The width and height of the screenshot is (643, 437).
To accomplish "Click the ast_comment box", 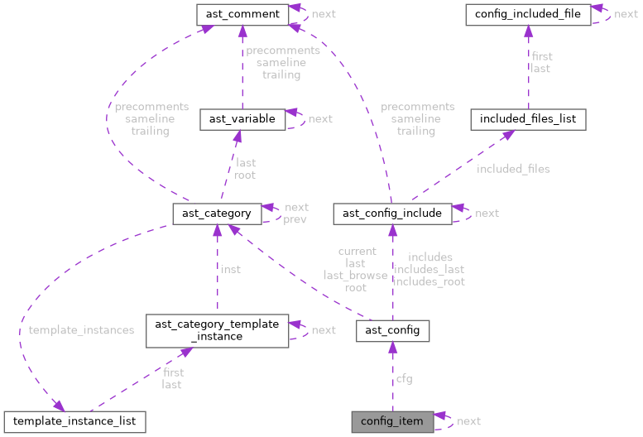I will point(242,14).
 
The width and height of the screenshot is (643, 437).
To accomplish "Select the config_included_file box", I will point(528,14).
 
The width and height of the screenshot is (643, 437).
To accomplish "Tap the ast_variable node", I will point(242,119).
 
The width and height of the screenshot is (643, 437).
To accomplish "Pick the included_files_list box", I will point(528,119).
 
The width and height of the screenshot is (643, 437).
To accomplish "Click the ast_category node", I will point(217,214).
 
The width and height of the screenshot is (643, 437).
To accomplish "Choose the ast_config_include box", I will point(393,214).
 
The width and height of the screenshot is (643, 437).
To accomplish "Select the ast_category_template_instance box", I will point(217,330).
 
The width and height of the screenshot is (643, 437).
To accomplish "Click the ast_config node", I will point(392,331).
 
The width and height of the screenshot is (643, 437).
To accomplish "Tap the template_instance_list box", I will point(74,421).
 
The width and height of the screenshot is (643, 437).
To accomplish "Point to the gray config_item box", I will point(392,421).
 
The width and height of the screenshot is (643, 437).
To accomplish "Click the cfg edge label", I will point(404,379).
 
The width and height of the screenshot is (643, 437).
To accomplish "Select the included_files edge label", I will point(513,169).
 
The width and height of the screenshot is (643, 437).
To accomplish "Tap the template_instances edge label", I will point(81,330).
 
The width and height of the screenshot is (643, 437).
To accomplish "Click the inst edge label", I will point(230,270).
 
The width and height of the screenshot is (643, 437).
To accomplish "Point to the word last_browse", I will point(356,276).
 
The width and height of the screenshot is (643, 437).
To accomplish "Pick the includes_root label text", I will point(429,281).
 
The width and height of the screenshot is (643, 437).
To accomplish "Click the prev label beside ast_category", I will point(295,219).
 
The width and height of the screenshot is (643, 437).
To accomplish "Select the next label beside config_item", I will point(468,421).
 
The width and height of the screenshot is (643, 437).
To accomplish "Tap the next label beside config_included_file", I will point(626,14).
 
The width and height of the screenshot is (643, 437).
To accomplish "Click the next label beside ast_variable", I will point(319,119).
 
